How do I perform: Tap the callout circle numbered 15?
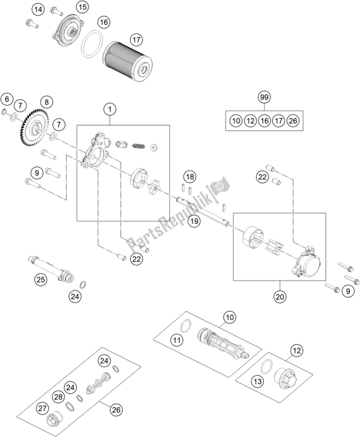point(82,8)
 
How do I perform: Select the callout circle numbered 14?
point(38,9)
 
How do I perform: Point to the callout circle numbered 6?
point(7,99)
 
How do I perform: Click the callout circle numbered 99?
point(264,97)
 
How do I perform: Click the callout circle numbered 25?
point(40,280)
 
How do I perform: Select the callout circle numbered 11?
point(177,340)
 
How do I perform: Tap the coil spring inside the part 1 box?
point(141,147)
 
